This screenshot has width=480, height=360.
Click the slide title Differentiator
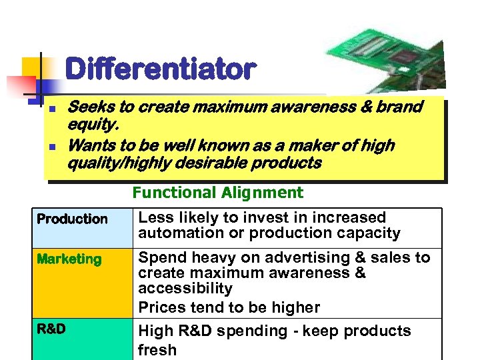tap(160, 69)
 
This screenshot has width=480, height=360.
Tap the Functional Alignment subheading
tap(217, 193)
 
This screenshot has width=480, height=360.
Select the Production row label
tap(72, 219)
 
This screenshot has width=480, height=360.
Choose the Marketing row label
tap(69, 259)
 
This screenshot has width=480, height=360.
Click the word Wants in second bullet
tap(91, 145)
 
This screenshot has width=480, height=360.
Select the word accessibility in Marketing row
tap(185, 289)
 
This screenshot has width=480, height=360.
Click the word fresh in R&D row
tap(157, 350)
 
